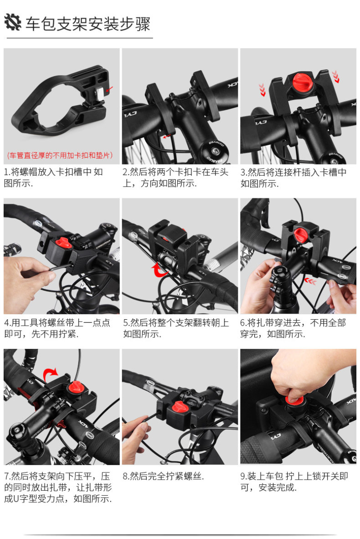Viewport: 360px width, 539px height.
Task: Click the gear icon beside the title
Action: coord(13,23)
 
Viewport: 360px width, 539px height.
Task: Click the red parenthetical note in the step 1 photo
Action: coord(60,155)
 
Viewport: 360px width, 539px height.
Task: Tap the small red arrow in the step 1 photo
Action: coord(109,90)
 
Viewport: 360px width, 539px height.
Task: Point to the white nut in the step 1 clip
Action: coord(100,94)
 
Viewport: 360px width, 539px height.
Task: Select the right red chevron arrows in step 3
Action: coord(335,76)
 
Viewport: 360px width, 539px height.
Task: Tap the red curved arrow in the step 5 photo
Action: coord(160,270)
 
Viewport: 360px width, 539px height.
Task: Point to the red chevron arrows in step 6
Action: coord(310,282)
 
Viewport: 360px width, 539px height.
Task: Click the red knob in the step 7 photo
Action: coord(76,388)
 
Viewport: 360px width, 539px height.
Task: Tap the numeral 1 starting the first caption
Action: coord(6,172)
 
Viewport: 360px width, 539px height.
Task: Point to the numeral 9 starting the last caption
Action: coord(243,476)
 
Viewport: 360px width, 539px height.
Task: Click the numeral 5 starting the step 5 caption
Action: coord(125,323)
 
